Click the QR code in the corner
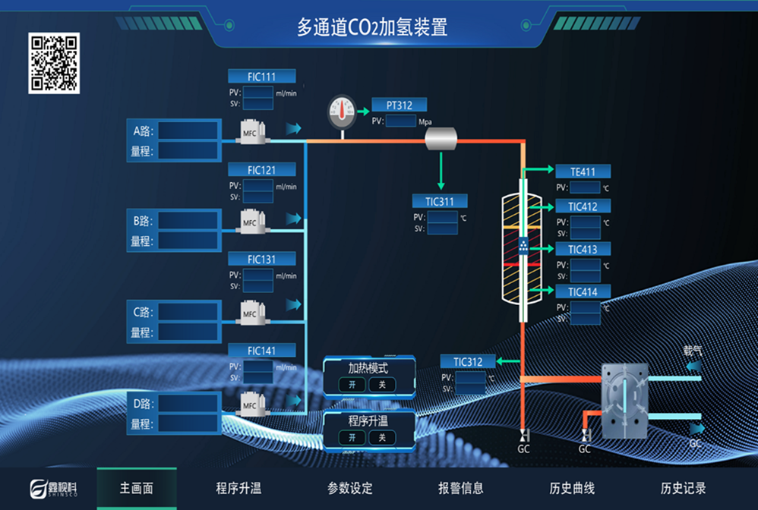(x=54, y=63)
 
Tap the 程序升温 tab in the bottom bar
(x=238, y=488)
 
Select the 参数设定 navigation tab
(x=350, y=488)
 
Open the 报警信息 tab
(x=461, y=488)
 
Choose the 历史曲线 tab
(x=572, y=488)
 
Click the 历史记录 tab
(x=684, y=488)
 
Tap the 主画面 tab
(x=137, y=488)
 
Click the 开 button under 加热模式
(x=352, y=385)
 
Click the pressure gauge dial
(x=342, y=111)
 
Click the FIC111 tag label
(x=261, y=77)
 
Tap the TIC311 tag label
(x=440, y=201)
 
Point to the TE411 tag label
(x=583, y=172)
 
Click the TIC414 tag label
(x=583, y=292)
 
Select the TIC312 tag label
(x=469, y=362)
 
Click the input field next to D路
(x=188, y=403)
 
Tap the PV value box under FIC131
(x=257, y=275)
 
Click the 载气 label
(x=693, y=351)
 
